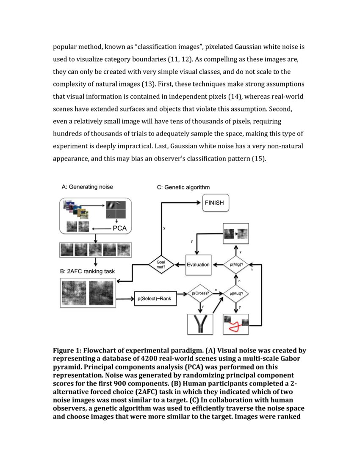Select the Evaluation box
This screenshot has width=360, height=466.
click(x=198, y=264)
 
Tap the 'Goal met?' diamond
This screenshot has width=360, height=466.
click(x=161, y=264)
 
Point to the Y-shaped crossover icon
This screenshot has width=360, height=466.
click(x=199, y=324)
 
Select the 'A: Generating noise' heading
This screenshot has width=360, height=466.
click(x=87, y=186)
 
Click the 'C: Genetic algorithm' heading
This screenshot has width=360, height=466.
click(x=183, y=187)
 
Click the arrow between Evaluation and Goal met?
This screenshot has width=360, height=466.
click(x=179, y=264)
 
